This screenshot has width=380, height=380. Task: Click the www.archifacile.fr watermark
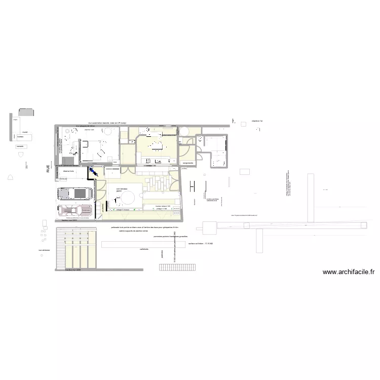pyautogui.click(x=348, y=272)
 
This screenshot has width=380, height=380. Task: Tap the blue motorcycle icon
pyautogui.click(x=94, y=173)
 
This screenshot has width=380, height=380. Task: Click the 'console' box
pyautogui.click(x=20, y=146)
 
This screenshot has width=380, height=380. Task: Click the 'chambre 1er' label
pyautogui.click(x=257, y=122)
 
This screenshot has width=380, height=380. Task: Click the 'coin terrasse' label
pyautogui.click(x=122, y=189)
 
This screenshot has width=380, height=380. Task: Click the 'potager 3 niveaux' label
pyautogui.click(x=124, y=209)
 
